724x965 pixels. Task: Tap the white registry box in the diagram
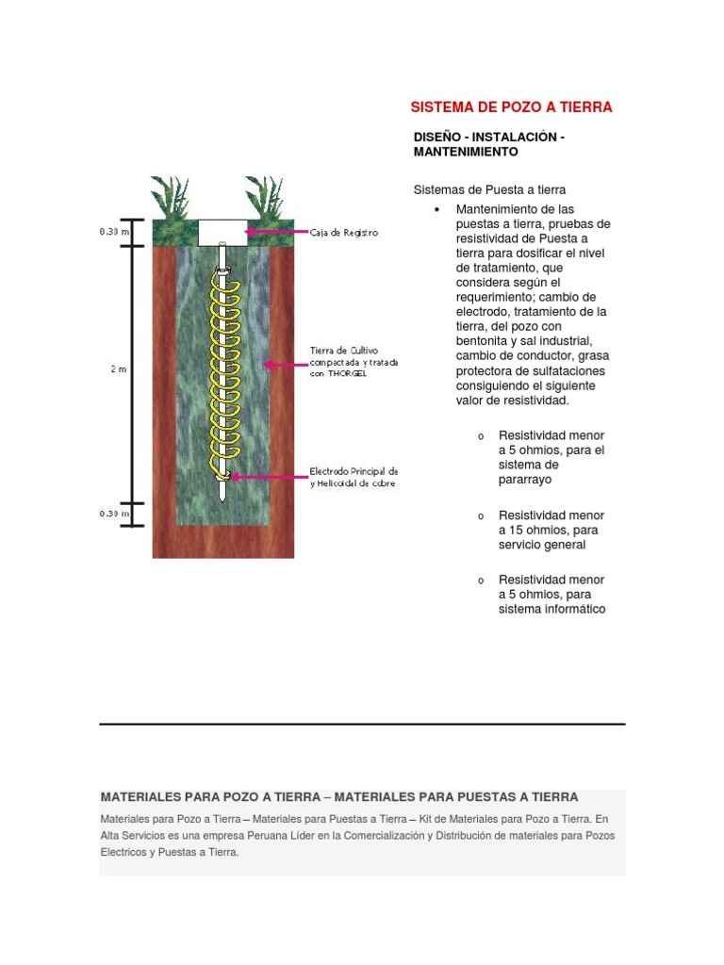click(222, 232)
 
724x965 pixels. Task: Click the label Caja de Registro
click(344, 233)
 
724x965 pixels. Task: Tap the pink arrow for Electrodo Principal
click(269, 477)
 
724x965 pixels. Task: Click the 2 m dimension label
click(118, 369)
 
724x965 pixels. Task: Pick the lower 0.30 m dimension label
click(114, 514)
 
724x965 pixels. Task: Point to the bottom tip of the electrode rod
click(222, 499)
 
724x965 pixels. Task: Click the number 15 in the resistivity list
click(524, 530)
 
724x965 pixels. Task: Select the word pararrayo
click(526, 480)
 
